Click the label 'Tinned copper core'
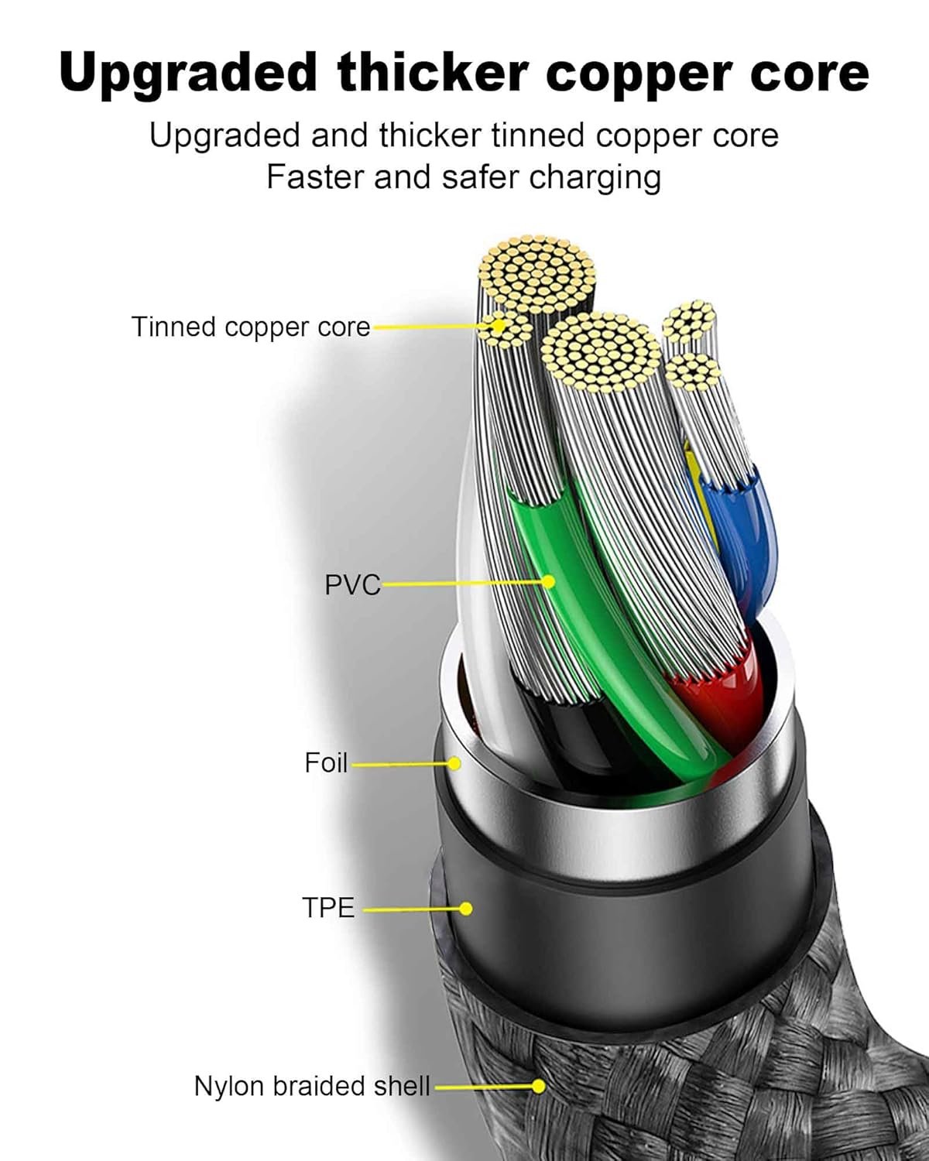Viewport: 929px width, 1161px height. pos(251,327)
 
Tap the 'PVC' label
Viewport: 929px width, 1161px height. pos(352,584)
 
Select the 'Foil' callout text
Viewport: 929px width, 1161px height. pos(326,763)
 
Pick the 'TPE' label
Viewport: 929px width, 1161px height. pos(328,907)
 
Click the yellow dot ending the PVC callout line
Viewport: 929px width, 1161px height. pos(548,580)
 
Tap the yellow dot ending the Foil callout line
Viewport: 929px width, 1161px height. pos(454,764)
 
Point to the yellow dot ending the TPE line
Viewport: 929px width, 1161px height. pos(465,908)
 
